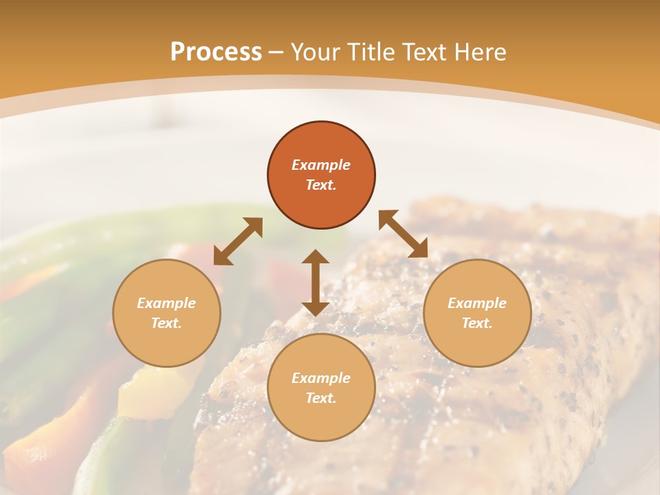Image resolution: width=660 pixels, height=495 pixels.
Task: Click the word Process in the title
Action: coord(216,52)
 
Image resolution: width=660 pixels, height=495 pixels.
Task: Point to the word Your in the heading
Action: coord(316,52)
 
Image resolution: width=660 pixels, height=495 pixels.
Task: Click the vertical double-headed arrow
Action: coord(316,283)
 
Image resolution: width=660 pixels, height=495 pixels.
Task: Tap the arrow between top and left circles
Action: coord(238,241)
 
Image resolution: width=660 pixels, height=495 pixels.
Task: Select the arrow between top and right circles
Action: coord(404,234)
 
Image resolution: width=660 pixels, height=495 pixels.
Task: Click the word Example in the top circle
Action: coord(321,165)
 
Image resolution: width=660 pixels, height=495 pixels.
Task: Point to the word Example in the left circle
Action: coord(166,303)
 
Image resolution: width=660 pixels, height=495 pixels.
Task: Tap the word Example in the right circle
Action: coord(477,303)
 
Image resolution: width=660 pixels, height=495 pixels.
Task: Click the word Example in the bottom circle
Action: coord(321,378)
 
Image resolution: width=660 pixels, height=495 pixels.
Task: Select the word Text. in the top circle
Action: coord(321,185)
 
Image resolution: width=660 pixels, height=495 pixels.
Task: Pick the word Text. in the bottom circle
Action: coord(321,398)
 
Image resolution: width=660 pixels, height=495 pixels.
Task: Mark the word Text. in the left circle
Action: coord(166,323)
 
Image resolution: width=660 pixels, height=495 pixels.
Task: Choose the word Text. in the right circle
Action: coord(477,323)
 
